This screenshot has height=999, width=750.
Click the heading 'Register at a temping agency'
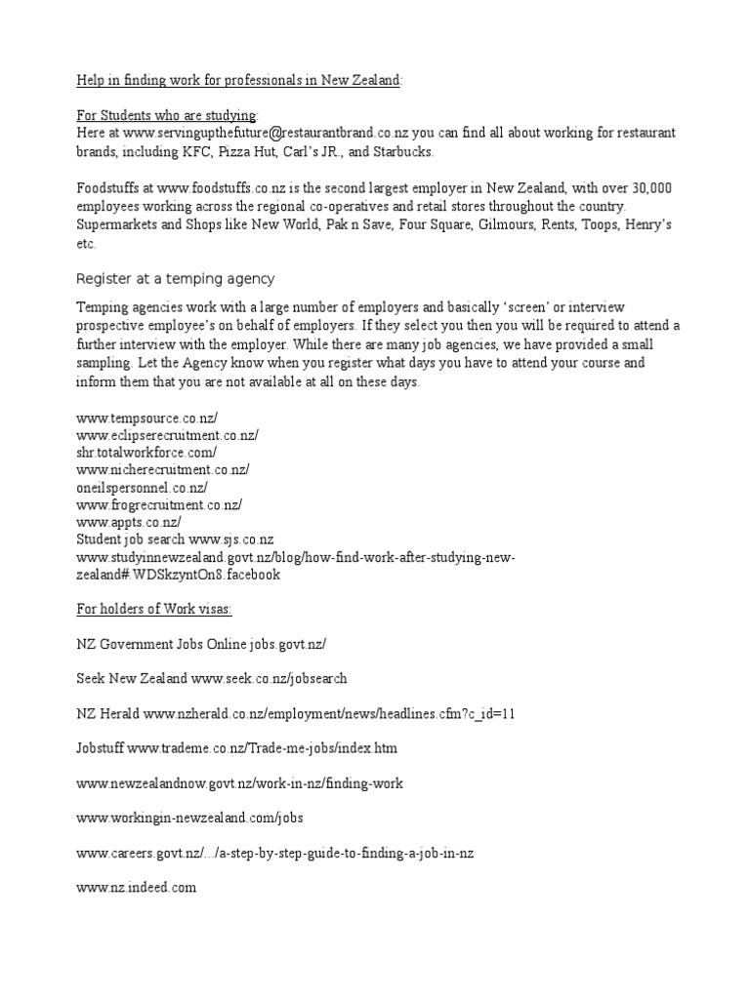click(176, 278)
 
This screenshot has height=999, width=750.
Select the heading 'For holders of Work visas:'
click(154, 610)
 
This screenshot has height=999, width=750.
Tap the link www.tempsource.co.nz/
click(140, 417)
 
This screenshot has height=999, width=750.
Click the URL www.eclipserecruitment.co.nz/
click(167, 434)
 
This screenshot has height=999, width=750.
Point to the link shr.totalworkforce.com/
click(146, 452)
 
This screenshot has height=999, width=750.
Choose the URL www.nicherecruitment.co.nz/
click(162, 469)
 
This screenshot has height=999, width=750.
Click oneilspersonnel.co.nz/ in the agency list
click(142, 487)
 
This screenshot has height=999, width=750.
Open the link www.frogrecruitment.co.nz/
click(159, 504)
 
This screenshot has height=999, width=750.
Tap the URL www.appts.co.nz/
click(129, 522)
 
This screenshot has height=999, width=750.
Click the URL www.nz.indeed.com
click(137, 888)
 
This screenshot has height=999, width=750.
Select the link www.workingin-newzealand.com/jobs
click(196, 818)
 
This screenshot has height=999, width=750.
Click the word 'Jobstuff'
click(101, 748)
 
